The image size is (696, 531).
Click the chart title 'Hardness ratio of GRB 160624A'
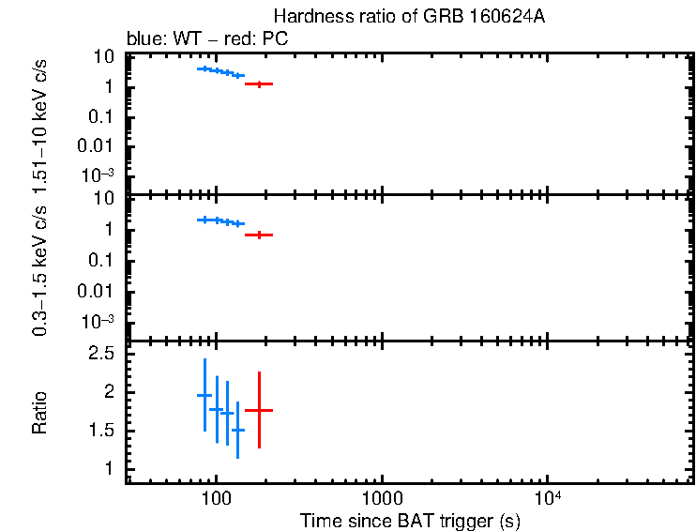pyautogui.click(x=409, y=17)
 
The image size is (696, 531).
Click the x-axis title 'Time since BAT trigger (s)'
pyautogui.click(x=410, y=520)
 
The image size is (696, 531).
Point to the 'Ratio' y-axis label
pyautogui.click(x=40, y=413)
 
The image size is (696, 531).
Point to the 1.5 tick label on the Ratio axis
pyautogui.click(x=102, y=430)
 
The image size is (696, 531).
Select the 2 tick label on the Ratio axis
pyautogui.click(x=110, y=391)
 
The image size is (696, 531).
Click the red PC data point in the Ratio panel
pyautogui.click(x=259, y=410)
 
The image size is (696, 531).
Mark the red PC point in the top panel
pyautogui.click(x=259, y=83)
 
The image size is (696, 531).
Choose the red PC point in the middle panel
pyautogui.click(x=259, y=235)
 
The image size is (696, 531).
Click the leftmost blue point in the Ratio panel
pyautogui.click(x=204, y=395)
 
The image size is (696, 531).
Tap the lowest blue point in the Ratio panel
pyautogui.click(x=237, y=430)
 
